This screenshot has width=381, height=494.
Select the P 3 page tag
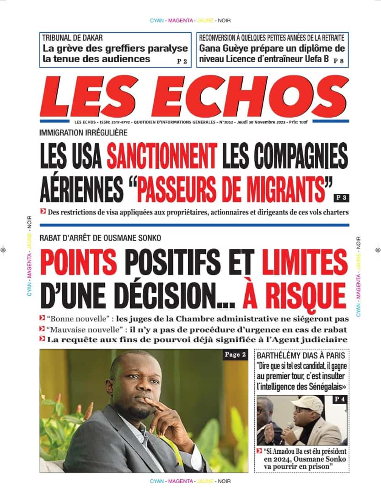[x=341, y=198]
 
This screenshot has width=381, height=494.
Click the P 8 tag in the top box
[x=338, y=61]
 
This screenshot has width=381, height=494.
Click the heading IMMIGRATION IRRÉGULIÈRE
[x=83, y=133]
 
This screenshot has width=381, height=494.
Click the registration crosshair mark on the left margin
[x=4, y=249]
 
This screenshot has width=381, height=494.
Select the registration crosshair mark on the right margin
[x=377, y=249]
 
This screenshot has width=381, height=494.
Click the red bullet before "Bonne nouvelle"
[x=43, y=318]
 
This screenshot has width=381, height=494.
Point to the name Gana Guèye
[x=221, y=48]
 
